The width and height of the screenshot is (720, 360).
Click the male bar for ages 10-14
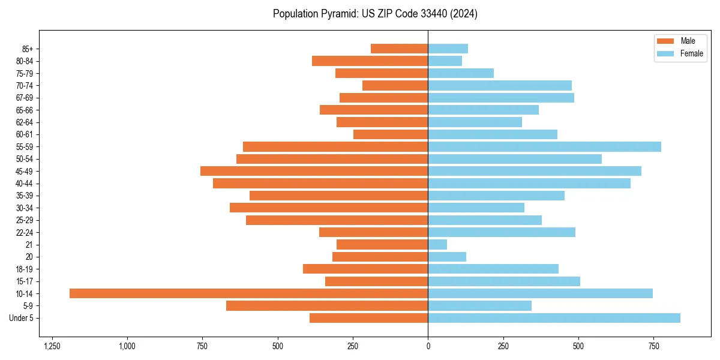248,293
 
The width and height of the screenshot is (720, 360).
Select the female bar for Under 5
554,318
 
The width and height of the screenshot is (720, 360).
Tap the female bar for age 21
437,244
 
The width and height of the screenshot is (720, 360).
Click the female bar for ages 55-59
544,146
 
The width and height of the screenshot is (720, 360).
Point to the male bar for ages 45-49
314,171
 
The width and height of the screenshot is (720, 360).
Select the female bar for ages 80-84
445,61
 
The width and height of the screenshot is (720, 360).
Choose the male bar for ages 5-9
327,306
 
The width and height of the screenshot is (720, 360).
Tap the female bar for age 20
447,257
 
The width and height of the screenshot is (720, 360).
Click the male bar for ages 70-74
395,85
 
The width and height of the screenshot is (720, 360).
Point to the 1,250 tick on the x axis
52,346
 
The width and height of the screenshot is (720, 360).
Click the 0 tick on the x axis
428,346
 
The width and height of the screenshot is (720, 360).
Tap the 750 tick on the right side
653,346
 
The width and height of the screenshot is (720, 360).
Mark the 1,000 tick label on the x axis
127,346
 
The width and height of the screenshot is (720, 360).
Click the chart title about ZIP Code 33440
375,14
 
